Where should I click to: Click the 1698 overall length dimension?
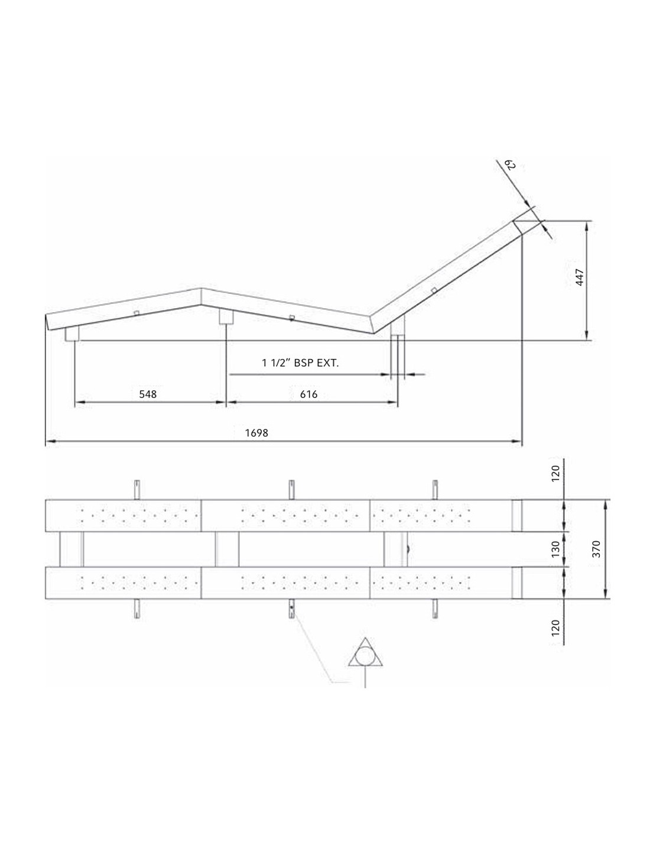click(256, 433)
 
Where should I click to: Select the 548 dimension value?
click(148, 394)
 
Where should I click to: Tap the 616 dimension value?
click(308, 394)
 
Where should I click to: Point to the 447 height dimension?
click(580, 277)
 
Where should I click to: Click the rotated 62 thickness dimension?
click(512, 165)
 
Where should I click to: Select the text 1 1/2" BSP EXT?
click(300, 363)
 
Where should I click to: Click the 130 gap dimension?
click(555, 549)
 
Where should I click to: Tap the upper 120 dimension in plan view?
click(555, 473)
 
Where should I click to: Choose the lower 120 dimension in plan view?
click(555, 627)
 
